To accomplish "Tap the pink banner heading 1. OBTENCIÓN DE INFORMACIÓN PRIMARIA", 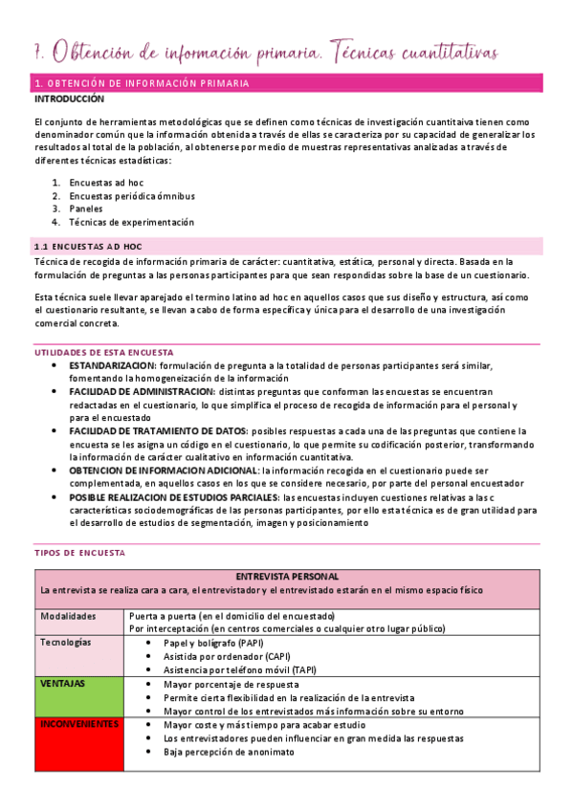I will tap(142, 84).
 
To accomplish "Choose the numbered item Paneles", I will tap(88, 208).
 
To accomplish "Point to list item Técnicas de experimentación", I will tap(132, 222).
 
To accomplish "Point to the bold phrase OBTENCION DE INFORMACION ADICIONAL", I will tap(164, 471).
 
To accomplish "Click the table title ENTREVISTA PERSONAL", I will tap(286, 577).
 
